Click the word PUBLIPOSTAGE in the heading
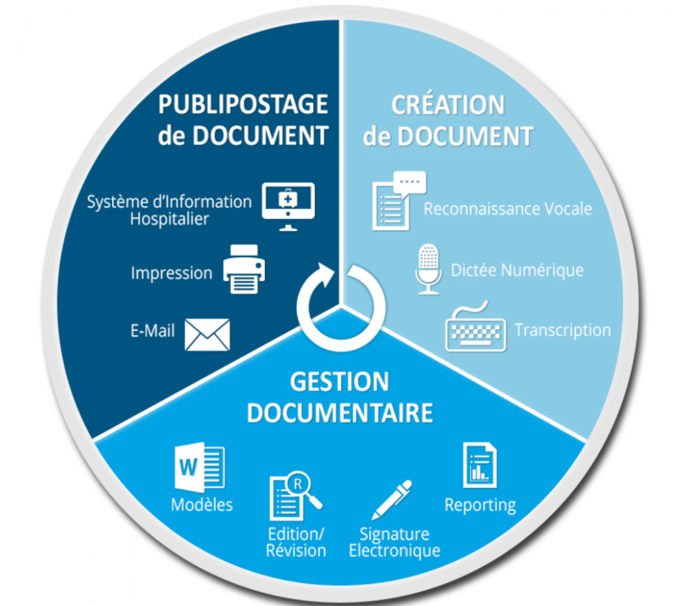pyautogui.click(x=243, y=104)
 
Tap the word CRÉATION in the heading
pyautogui.click(x=447, y=104)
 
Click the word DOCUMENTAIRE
pyautogui.click(x=339, y=412)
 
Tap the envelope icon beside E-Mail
pyautogui.click(x=207, y=334)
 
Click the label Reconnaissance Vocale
pyautogui.click(x=508, y=208)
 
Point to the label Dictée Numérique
pyautogui.click(x=517, y=271)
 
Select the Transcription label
pyautogui.click(x=563, y=330)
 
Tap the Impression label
pyautogui.click(x=171, y=273)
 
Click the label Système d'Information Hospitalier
pyautogui.click(x=170, y=210)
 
